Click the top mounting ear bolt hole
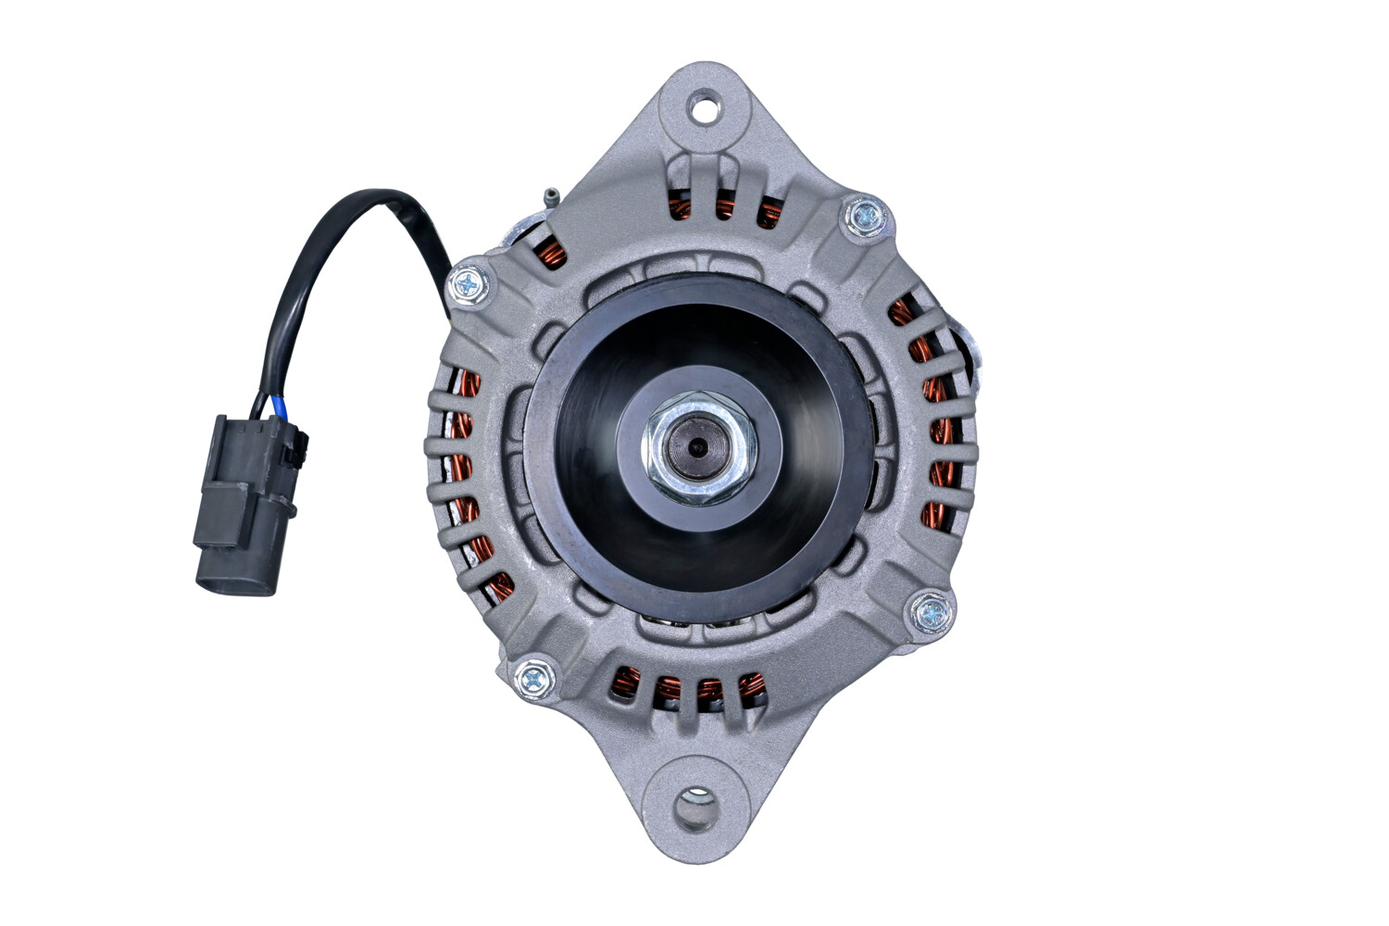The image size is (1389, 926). pyautogui.click(x=704, y=109)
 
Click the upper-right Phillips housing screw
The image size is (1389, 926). pyautogui.click(x=866, y=217)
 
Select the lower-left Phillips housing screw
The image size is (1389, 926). pyautogui.click(x=534, y=681)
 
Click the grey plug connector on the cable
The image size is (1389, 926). pyautogui.click(x=241, y=505)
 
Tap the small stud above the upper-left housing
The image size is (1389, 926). pyautogui.click(x=550, y=196)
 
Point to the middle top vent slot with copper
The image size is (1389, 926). pyautogui.click(x=724, y=206)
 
